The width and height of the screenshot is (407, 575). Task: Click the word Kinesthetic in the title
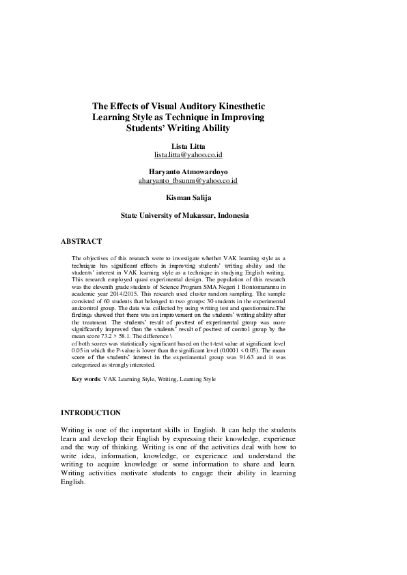click(236, 107)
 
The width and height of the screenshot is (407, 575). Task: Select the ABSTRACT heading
click(81, 241)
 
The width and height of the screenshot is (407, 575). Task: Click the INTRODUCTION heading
click(92, 412)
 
